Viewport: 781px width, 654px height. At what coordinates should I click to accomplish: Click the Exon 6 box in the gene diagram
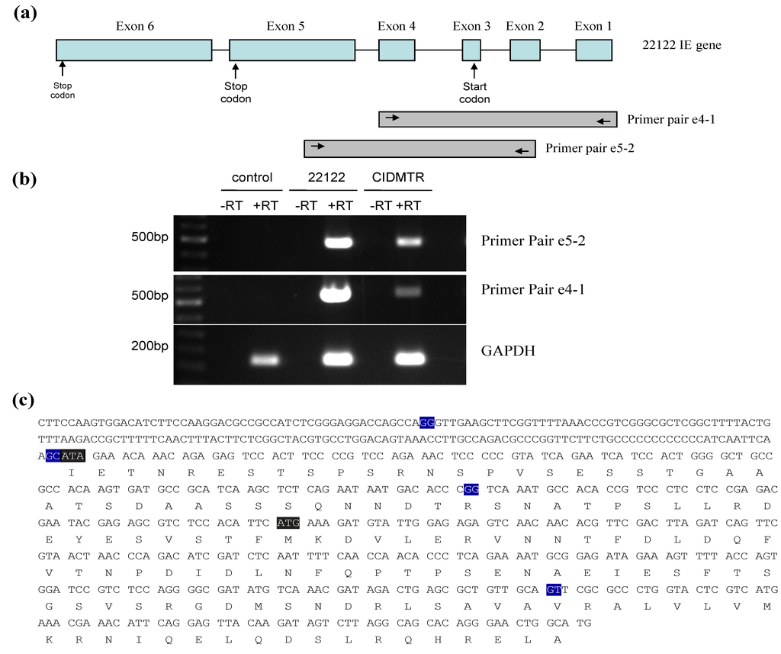pyautogui.click(x=134, y=50)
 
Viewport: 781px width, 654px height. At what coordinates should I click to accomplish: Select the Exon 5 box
pyautogui.click(x=292, y=50)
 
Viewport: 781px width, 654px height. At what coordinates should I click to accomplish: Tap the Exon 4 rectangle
pyautogui.click(x=397, y=50)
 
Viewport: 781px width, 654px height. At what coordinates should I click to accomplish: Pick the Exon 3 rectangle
pyautogui.click(x=471, y=50)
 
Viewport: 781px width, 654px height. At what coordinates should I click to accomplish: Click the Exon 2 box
pyautogui.click(x=525, y=50)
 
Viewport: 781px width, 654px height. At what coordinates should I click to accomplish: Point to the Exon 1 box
pyautogui.click(x=593, y=50)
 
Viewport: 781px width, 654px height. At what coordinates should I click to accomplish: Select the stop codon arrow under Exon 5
pyautogui.click(x=236, y=71)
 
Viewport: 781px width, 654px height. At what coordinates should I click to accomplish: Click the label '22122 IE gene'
pyautogui.click(x=681, y=46)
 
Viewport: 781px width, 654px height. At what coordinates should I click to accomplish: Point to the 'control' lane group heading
pyautogui.click(x=252, y=178)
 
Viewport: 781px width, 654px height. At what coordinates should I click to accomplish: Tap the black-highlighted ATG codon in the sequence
pyautogui.click(x=289, y=522)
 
